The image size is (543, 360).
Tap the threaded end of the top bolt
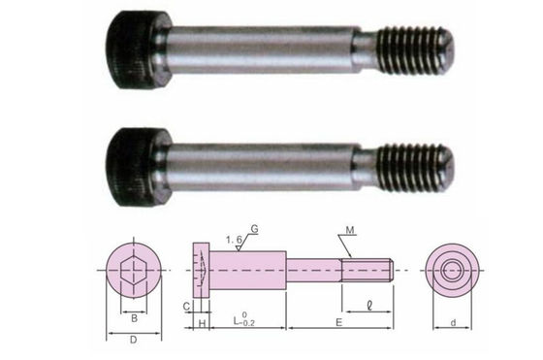click(415, 50)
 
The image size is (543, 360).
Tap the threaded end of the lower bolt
click(415, 168)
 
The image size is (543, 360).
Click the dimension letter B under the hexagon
click(134, 318)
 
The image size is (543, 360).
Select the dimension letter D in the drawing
click(134, 340)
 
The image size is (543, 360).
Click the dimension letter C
click(186, 307)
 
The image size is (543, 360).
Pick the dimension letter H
click(202, 324)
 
